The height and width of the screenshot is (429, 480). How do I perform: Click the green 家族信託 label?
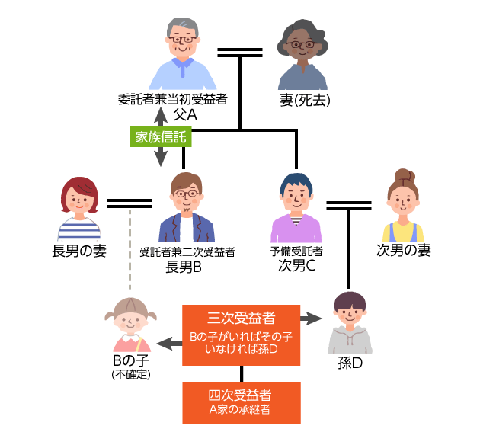click(160, 137)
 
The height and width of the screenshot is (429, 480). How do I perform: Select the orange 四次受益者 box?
click(242, 402)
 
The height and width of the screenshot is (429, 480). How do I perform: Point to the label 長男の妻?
click(78, 251)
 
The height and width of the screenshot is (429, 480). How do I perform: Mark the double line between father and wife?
click(240, 52)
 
